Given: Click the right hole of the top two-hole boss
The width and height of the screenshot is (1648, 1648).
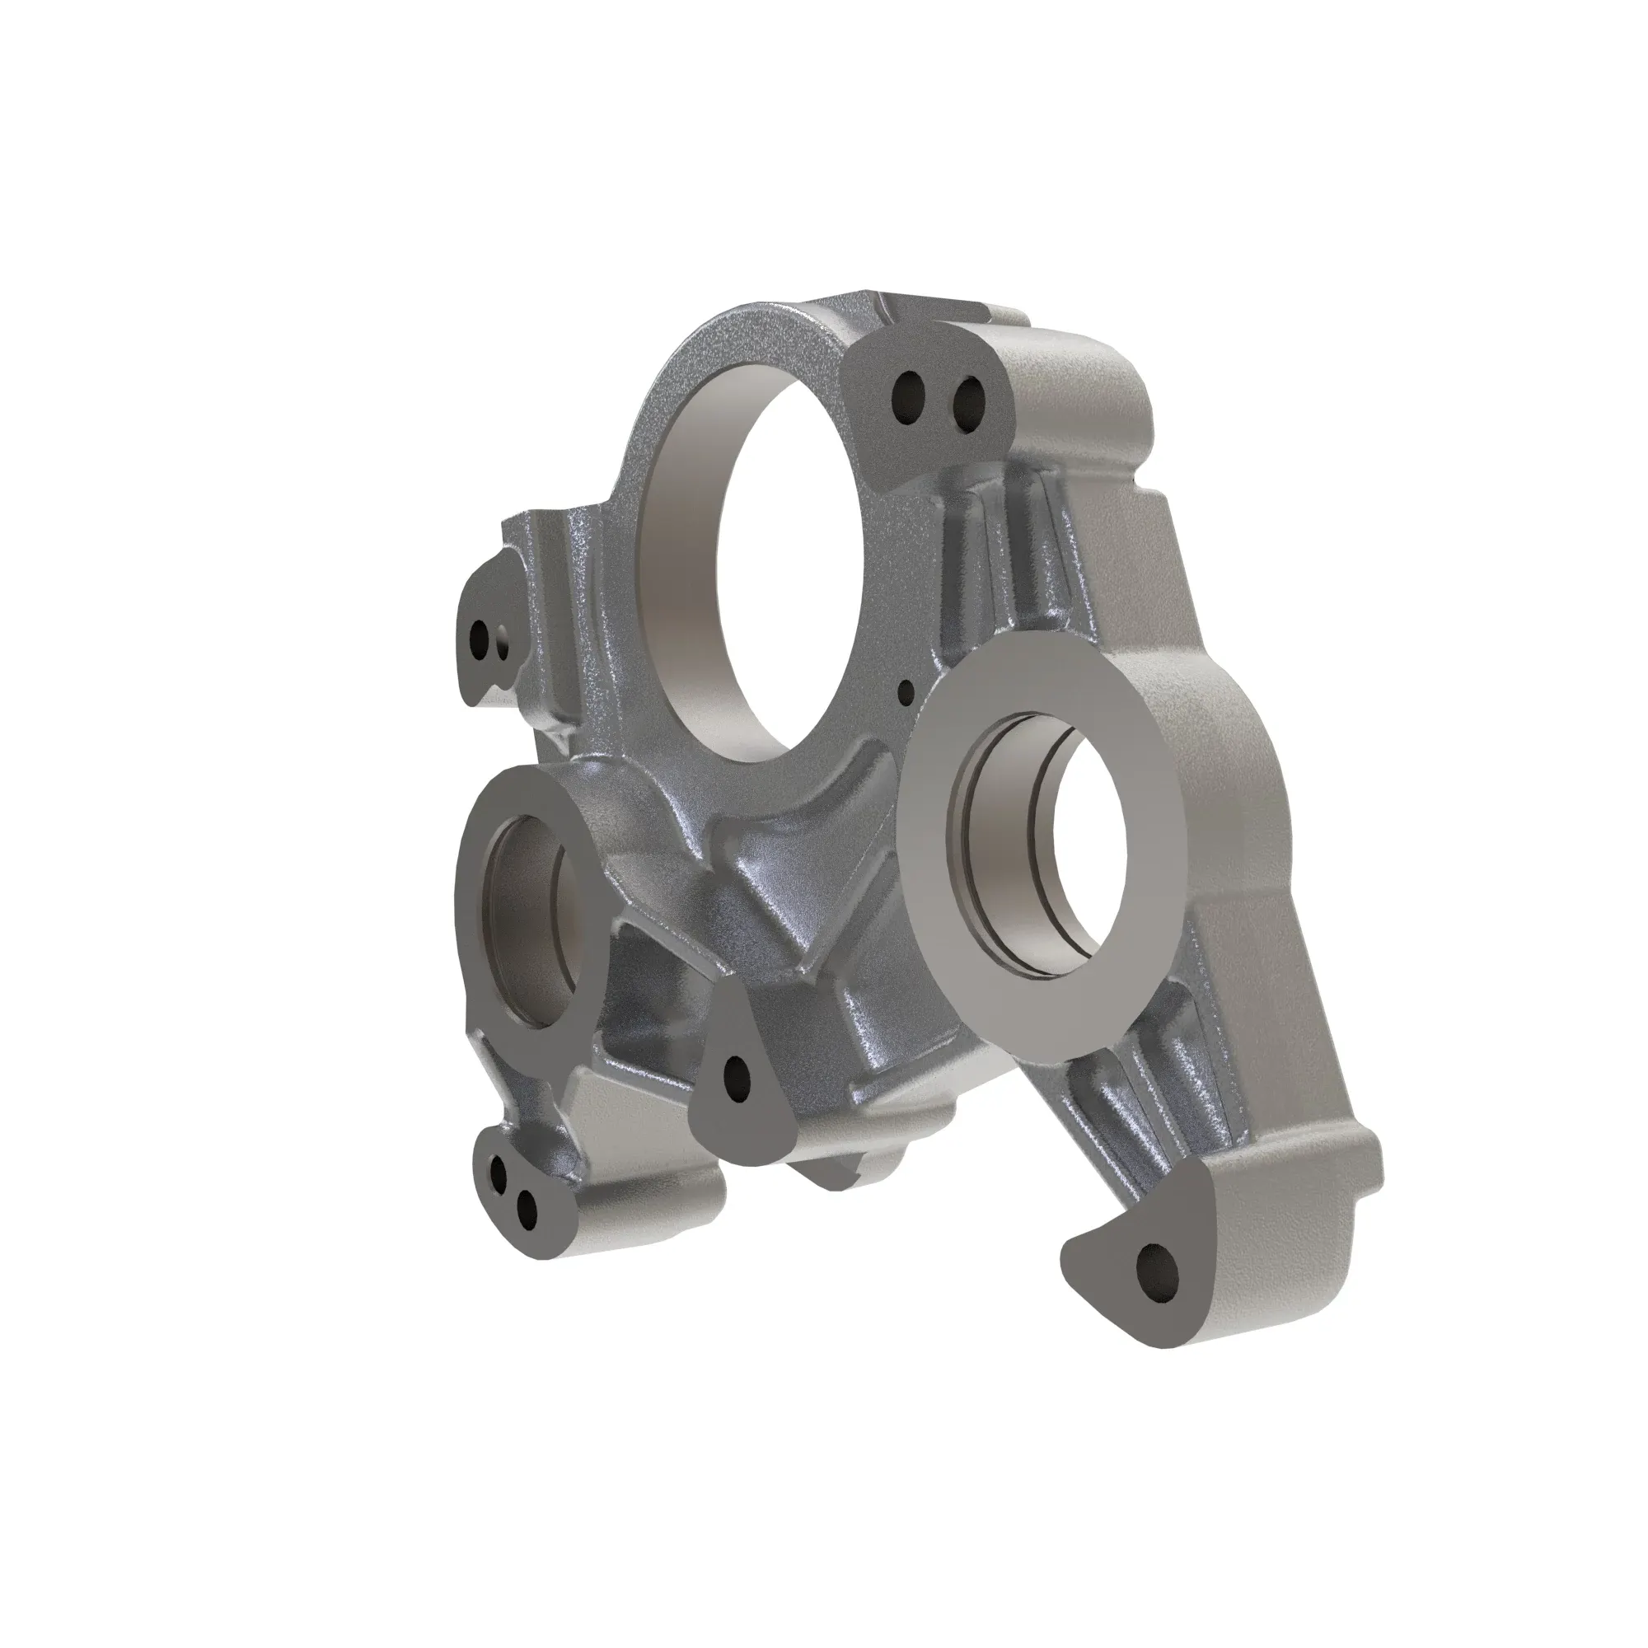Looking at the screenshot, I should (x=968, y=400).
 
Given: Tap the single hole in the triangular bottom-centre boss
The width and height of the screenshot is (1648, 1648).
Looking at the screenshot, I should (x=735, y=1079).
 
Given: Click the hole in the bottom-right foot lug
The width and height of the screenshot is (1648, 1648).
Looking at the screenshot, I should (x=1158, y=1276).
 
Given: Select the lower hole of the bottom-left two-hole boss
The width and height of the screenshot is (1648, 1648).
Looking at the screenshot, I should (x=527, y=1210).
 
